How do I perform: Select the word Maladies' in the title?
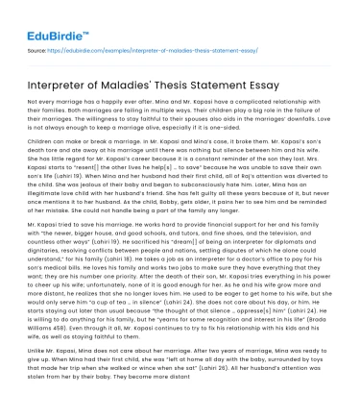click(x=136, y=79)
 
